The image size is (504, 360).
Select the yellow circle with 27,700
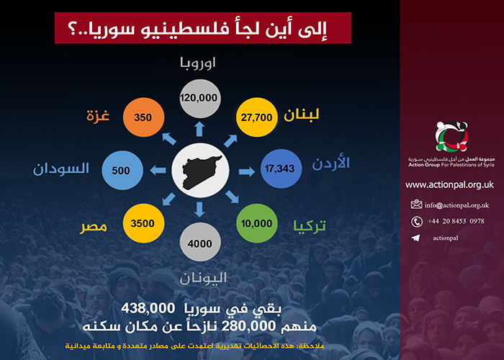pyautogui.click(x=257, y=116)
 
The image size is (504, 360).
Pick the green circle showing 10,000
pyautogui.click(x=258, y=224)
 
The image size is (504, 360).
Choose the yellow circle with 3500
pyautogui.click(x=144, y=224)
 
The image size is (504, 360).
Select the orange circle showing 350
pyautogui.click(x=144, y=117)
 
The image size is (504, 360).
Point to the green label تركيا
pyautogui.click(x=310, y=225)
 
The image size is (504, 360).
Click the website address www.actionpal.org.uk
pyautogui.click(x=449, y=185)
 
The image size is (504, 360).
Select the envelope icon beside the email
pyautogui.click(x=416, y=204)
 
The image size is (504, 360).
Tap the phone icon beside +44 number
pyautogui.click(x=416, y=221)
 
